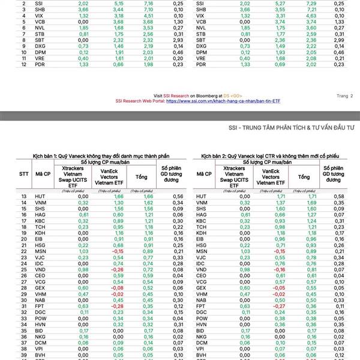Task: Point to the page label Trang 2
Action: pos(344,95)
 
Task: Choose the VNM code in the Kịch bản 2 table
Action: pos(201,203)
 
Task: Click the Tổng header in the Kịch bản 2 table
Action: pos(304,177)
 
